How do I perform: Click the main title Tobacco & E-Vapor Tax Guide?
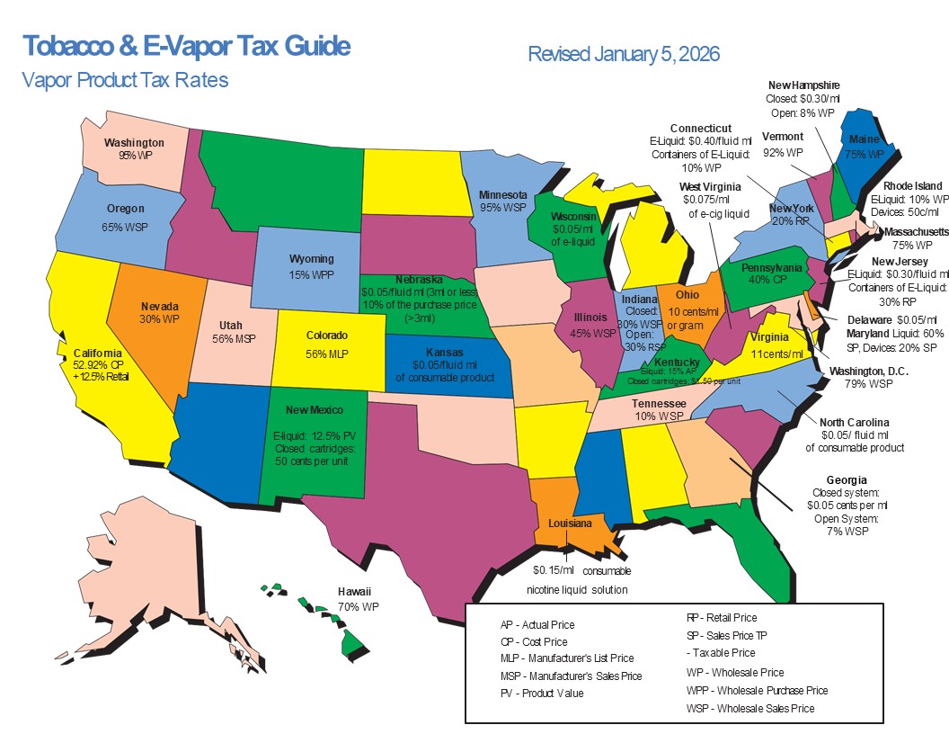186,46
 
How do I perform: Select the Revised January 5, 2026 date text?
624,54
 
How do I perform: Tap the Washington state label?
134,142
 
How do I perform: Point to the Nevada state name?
159,306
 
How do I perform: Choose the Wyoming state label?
311,259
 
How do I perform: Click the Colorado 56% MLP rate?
327,354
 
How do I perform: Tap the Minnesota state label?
502,194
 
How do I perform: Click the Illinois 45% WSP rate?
591,332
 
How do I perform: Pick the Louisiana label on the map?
570,523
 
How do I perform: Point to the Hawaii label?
353,592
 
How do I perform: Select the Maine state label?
864,139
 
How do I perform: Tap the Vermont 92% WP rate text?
782,153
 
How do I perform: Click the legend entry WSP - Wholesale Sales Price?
749,709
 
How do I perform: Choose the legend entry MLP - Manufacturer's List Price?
566,658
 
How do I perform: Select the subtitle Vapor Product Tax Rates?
125,80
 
